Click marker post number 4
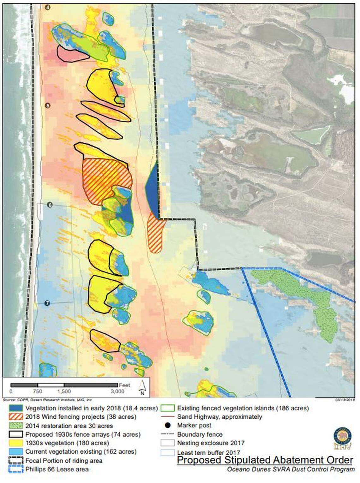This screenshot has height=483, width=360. pyautogui.click(x=48, y=8)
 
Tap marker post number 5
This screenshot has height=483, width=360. pyautogui.click(x=48, y=105)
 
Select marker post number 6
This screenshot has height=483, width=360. pyautogui.click(x=50, y=205)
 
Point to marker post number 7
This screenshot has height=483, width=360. pyautogui.click(x=47, y=303)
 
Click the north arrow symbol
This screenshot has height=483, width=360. pyautogui.click(x=142, y=388)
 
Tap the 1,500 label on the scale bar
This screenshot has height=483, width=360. pyautogui.click(x=64, y=391)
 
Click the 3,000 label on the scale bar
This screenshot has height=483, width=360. pyautogui.click(x=117, y=391)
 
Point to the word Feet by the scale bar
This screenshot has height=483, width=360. pyautogui.click(x=124, y=385)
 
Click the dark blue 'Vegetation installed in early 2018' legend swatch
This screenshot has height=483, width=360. pyautogui.click(x=16, y=408)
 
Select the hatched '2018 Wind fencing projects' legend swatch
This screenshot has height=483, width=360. pyautogui.click(x=16, y=417)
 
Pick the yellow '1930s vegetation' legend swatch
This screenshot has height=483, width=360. pyautogui.click(x=16, y=443)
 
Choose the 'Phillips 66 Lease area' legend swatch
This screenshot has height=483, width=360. pyautogui.click(x=16, y=469)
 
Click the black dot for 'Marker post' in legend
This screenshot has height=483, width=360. pyautogui.click(x=167, y=426)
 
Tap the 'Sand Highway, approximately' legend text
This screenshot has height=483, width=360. pyautogui.click(x=219, y=417)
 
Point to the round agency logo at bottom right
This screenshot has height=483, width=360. pyautogui.click(x=342, y=438)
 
